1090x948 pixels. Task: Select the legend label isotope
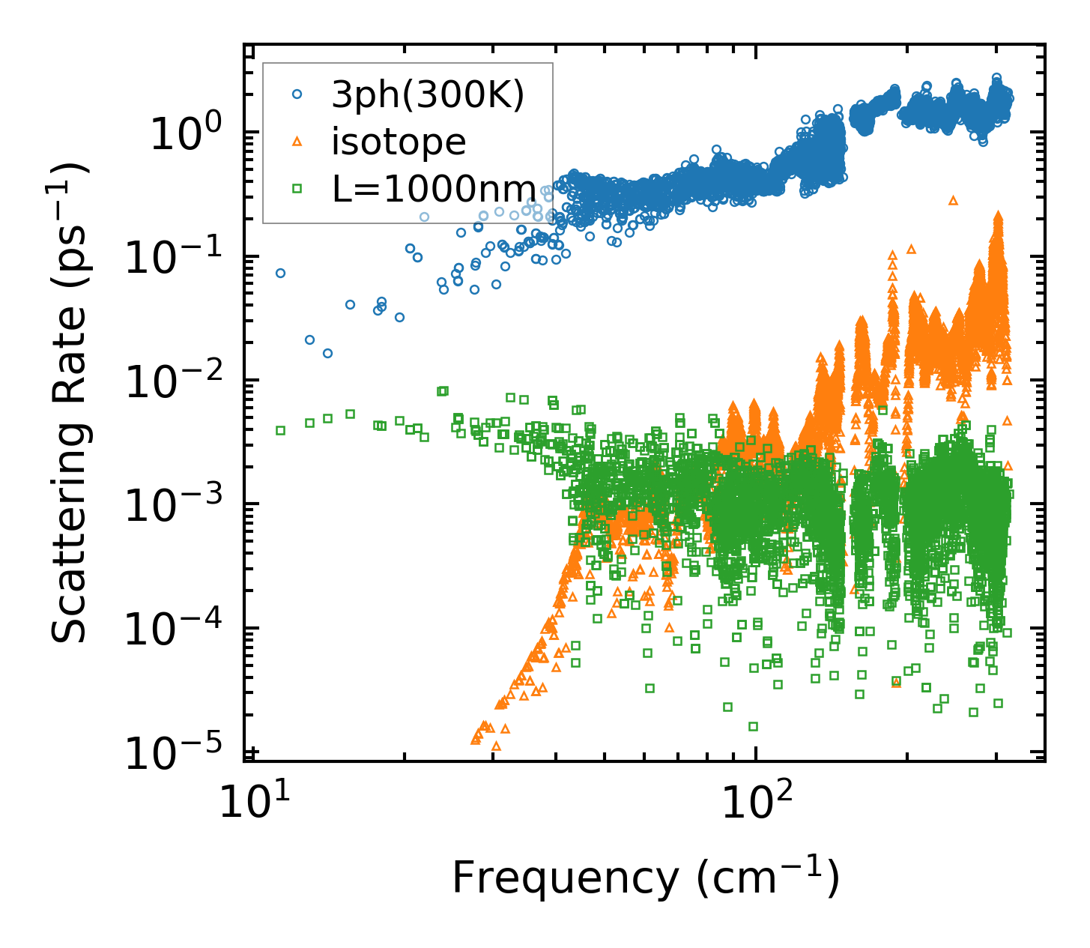399,142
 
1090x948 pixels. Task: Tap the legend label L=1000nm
434,189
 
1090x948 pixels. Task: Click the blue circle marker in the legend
297,94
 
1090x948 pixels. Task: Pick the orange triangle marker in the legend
297,142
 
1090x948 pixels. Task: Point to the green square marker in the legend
297,189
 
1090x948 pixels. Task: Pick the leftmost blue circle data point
280,274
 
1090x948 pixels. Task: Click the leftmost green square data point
280,431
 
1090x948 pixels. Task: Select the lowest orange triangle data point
496,746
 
